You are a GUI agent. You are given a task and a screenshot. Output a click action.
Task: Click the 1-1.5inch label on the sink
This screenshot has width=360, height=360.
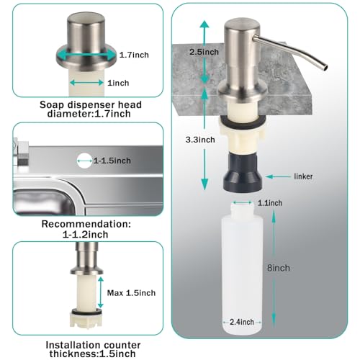(112, 160)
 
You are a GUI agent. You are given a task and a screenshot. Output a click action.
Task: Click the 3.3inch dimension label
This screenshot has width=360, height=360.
(219, 140)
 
